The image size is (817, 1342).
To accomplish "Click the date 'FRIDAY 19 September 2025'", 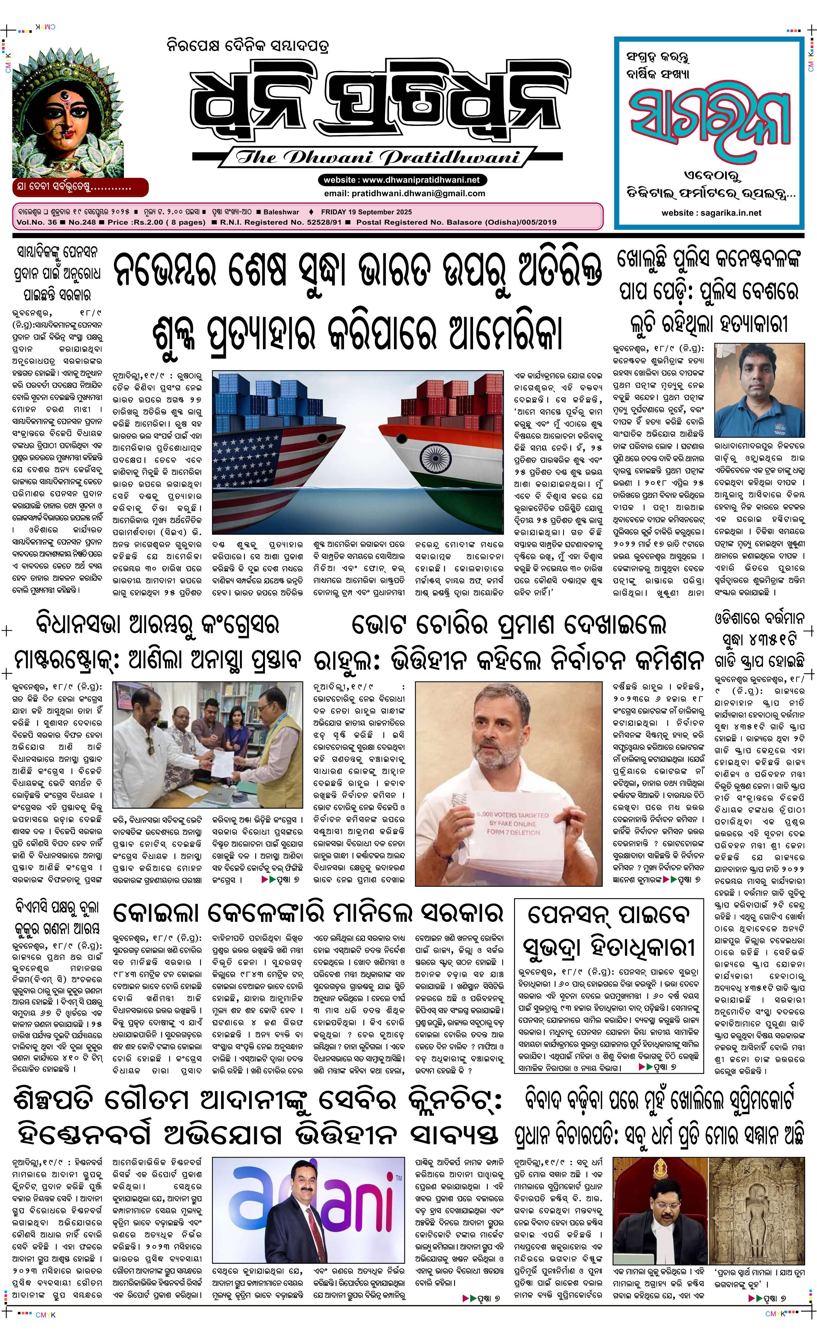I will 366,212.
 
